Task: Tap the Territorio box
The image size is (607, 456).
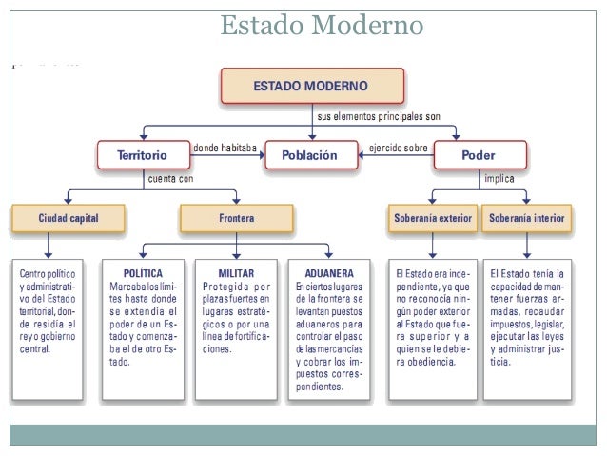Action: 143,154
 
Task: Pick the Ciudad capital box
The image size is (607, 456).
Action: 68,218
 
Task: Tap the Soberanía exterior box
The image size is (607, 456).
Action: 432,218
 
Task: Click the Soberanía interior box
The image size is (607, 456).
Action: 529,218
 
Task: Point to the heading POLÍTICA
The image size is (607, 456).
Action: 144,272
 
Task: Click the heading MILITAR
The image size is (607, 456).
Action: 236,272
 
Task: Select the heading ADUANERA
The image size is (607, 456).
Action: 328,272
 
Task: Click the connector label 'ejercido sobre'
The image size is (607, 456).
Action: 397,149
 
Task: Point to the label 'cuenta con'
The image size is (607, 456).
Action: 171,177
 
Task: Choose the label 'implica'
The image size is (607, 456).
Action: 500,177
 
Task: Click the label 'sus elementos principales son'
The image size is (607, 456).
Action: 378,115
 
